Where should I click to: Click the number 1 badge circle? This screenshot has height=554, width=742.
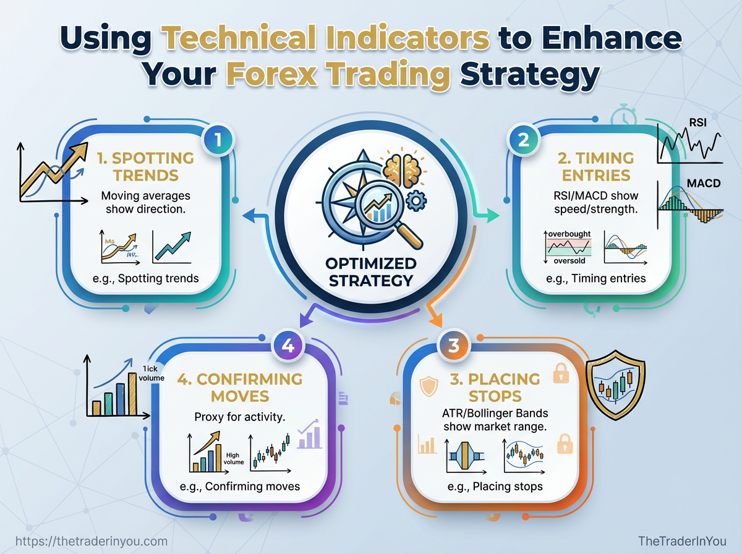point(221,140)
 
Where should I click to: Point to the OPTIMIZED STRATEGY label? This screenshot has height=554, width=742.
point(371,272)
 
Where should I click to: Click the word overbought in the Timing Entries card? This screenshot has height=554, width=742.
point(569,234)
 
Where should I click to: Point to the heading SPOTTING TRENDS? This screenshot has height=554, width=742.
point(146,167)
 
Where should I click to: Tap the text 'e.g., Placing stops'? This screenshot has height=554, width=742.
point(495,486)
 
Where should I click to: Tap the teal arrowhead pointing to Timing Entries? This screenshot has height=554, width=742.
point(493,215)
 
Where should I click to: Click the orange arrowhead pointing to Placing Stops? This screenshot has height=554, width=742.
point(437,321)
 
